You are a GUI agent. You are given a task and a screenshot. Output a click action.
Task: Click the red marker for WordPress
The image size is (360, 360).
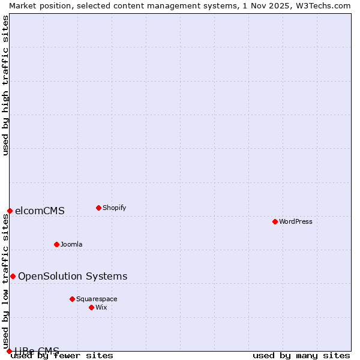275,221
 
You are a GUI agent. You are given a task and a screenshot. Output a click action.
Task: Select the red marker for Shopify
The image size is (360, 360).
98,208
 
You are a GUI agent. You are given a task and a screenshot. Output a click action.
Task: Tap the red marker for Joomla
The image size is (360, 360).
56,244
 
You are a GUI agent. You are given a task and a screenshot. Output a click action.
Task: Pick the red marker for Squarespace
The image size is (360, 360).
72,299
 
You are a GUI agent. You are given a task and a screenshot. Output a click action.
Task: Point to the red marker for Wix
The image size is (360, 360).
91,307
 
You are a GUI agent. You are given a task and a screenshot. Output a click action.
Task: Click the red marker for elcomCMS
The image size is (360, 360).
10,211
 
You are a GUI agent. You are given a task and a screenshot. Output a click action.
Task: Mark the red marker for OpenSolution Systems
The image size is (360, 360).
13,276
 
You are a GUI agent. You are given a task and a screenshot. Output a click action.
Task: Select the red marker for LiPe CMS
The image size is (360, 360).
9,351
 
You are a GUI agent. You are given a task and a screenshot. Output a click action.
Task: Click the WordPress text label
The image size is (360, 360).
296,221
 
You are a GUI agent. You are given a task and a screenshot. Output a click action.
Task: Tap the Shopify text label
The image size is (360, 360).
114,208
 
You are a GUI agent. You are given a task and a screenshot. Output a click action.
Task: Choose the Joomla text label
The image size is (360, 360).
71,244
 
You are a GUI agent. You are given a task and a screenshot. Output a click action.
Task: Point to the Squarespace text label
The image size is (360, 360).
97,299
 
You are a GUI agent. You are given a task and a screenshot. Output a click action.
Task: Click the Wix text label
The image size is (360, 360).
101,307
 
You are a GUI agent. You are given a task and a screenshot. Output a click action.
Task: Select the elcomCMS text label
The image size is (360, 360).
40,211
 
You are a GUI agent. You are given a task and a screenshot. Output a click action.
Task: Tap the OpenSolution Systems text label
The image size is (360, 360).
73,276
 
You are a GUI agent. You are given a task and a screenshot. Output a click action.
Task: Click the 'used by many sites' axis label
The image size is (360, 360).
301,356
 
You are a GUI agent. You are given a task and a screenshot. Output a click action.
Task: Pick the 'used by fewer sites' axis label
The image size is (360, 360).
62,356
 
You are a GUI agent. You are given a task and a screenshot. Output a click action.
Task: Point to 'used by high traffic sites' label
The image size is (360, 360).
5,85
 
